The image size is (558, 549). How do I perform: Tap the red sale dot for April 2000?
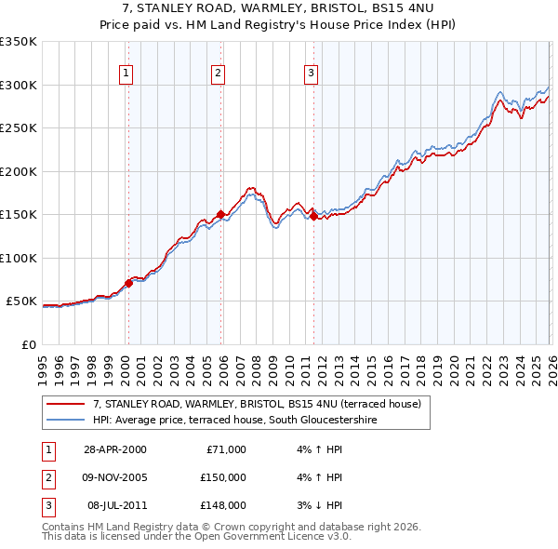point(129,283)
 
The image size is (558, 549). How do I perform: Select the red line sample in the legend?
point(66,405)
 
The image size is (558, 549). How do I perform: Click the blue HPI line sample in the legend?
point(66,421)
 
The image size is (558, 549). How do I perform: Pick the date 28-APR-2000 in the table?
point(114,449)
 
